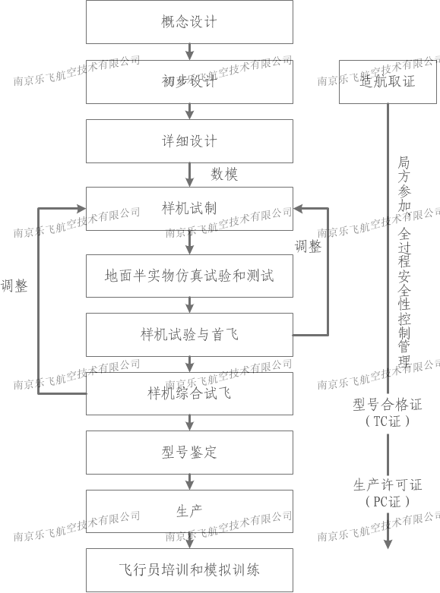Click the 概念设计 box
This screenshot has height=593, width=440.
[x=189, y=22]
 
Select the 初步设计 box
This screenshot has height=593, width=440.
[x=189, y=82]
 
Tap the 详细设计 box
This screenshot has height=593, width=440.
[x=189, y=141]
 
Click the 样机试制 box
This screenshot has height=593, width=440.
[x=189, y=208]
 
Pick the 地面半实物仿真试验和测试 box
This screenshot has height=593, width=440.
[x=189, y=276]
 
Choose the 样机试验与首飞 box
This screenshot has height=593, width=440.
[x=189, y=335]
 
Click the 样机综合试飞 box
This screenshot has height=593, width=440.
[x=189, y=394]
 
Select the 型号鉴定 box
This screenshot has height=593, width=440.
[x=189, y=453]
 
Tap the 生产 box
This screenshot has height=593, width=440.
[x=189, y=511]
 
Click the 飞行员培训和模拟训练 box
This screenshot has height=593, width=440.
[x=189, y=570]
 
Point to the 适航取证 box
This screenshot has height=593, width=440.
[x=388, y=82]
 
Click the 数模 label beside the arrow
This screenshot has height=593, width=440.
[x=224, y=175]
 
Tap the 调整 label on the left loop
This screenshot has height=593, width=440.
[x=14, y=285]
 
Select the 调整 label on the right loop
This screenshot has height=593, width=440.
[x=308, y=247]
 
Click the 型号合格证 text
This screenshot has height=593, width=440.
[x=388, y=405]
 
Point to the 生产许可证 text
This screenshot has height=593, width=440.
[x=388, y=485]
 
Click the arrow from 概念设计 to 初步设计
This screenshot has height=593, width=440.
[x=190, y=52]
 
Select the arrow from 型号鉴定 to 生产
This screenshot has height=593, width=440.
[x=190, y=482]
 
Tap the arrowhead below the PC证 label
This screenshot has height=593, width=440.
[x=388, y=544]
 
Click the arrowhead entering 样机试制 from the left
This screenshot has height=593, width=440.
[x=81, y=208]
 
